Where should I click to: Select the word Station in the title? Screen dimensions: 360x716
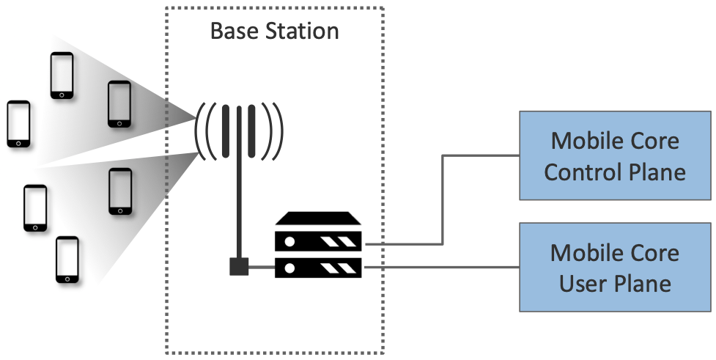[298, 32]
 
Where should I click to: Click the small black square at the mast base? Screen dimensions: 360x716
[239, 267]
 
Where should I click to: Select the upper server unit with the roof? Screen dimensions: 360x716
[318, 233]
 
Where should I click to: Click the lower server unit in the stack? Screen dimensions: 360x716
[318, 268]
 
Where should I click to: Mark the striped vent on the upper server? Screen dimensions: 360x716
[342, 241]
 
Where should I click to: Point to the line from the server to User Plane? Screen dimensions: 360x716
[440, 268]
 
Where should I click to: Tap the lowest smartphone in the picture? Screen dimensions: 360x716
[67, 260]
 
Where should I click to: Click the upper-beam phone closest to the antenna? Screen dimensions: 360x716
[119, 104]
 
